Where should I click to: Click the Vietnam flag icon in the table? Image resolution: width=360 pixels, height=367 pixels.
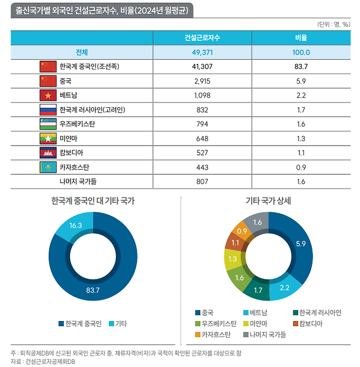[48, 95]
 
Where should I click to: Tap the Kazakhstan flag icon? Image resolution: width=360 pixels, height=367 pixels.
[48, 166]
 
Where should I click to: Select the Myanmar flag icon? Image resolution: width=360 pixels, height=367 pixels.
[48, 138]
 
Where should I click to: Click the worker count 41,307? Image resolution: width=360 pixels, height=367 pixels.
[202, 67]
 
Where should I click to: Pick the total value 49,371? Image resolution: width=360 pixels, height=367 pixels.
[202, 53]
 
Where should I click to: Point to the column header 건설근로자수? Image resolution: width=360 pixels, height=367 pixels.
[202, 38]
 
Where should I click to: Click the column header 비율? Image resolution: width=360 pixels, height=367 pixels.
[301, 38]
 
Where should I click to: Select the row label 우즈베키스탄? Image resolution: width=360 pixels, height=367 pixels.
[77, 124]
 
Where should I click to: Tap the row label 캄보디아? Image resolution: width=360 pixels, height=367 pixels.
[72, 152]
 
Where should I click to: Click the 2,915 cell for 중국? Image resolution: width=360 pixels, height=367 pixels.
[202, 81]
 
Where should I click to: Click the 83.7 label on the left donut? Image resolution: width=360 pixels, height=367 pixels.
[92, 290]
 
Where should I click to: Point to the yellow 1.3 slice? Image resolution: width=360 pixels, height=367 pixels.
[233, 259]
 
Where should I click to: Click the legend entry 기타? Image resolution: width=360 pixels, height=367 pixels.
[121, 324]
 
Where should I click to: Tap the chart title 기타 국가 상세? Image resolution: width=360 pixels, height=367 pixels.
[268, 201]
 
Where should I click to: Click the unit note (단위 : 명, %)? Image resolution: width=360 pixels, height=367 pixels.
[334, 24]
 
